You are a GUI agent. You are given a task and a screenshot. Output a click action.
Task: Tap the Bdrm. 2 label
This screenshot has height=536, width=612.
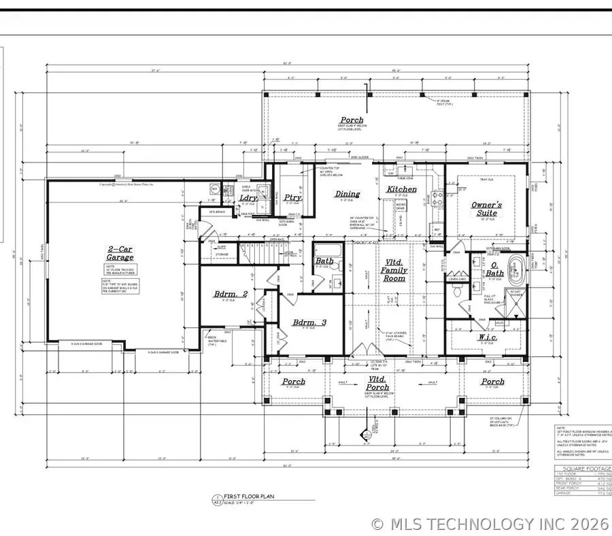230,293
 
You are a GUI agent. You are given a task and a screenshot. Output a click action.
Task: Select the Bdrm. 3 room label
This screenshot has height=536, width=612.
307,322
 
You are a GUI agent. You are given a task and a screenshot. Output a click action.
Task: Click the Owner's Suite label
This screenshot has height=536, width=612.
487,208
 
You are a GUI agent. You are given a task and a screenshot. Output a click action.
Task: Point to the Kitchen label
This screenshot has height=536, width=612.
402,189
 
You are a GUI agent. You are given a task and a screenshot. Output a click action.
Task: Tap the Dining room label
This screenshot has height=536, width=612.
347,194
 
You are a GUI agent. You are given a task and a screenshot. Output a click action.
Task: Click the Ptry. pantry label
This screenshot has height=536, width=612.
293,198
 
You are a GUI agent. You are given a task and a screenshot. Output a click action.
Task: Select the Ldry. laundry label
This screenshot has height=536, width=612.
249,198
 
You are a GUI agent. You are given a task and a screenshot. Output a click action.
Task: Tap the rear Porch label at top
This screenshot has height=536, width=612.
352,120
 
